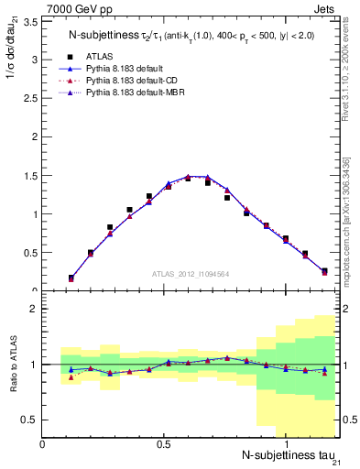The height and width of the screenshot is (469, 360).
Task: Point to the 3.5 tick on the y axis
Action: click(31, 21)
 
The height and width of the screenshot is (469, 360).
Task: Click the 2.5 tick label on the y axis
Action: click(31, 98)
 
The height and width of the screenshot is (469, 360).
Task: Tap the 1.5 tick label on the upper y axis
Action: click(31, 176)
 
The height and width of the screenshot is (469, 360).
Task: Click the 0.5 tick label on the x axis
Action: click(164, 443)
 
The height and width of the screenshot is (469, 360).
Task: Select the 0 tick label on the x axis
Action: click(43, 443)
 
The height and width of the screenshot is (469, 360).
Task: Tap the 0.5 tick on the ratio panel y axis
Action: click(31, 420)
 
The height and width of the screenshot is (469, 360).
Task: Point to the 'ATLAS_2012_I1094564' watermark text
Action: click(190, 272)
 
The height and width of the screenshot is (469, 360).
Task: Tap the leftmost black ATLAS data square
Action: click(71, 278)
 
